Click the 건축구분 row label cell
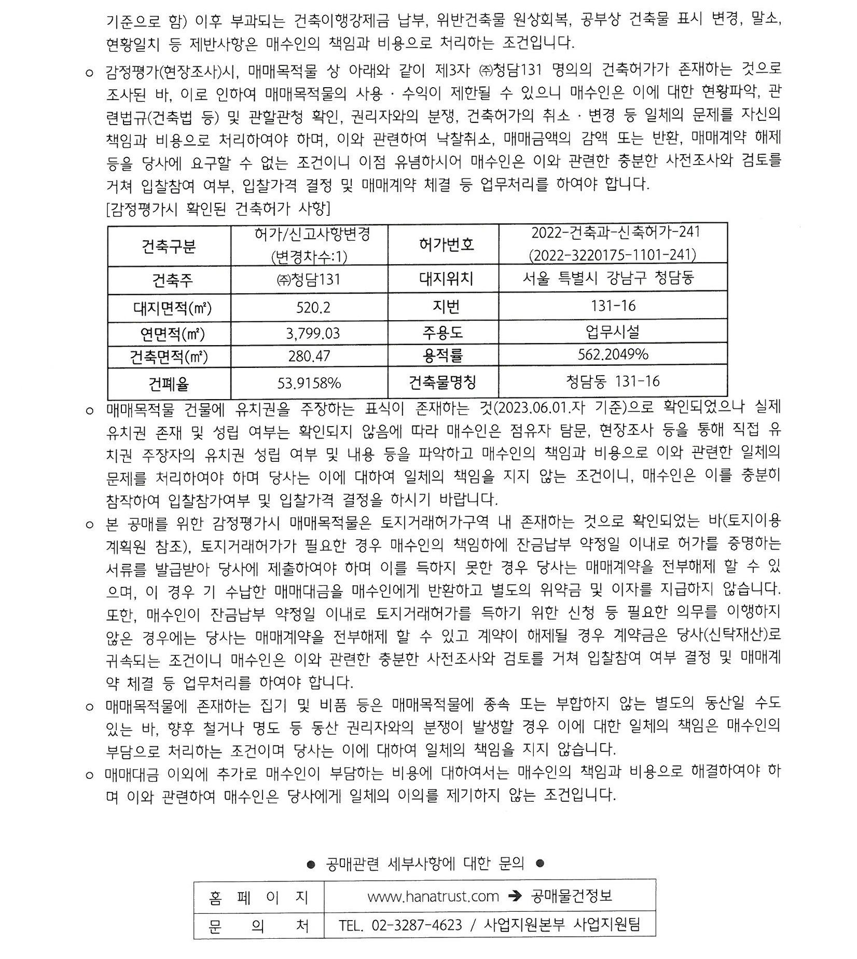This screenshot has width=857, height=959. coord(169,245)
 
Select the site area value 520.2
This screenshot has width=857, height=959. coord(313,308)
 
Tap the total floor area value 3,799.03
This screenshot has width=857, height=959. coord(313,333)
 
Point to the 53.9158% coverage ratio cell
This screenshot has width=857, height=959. coord(309,383)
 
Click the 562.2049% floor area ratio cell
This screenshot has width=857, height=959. coord(613,354)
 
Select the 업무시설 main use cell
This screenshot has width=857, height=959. coord(613,332)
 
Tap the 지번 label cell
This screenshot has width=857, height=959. coord(446,307)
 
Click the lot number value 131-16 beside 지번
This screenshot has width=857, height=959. coord(613,306)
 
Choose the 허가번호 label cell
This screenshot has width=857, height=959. coord(446,244)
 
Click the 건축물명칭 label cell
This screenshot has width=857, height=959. coord(443,382)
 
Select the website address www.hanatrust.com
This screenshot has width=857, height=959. coord(433,896)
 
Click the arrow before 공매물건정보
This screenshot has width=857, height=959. coord(515,896)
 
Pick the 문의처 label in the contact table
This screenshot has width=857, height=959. coord(258,925)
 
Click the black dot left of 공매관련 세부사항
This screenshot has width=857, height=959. coord(311,864)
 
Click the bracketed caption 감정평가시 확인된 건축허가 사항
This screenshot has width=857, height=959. coord(218,209)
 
